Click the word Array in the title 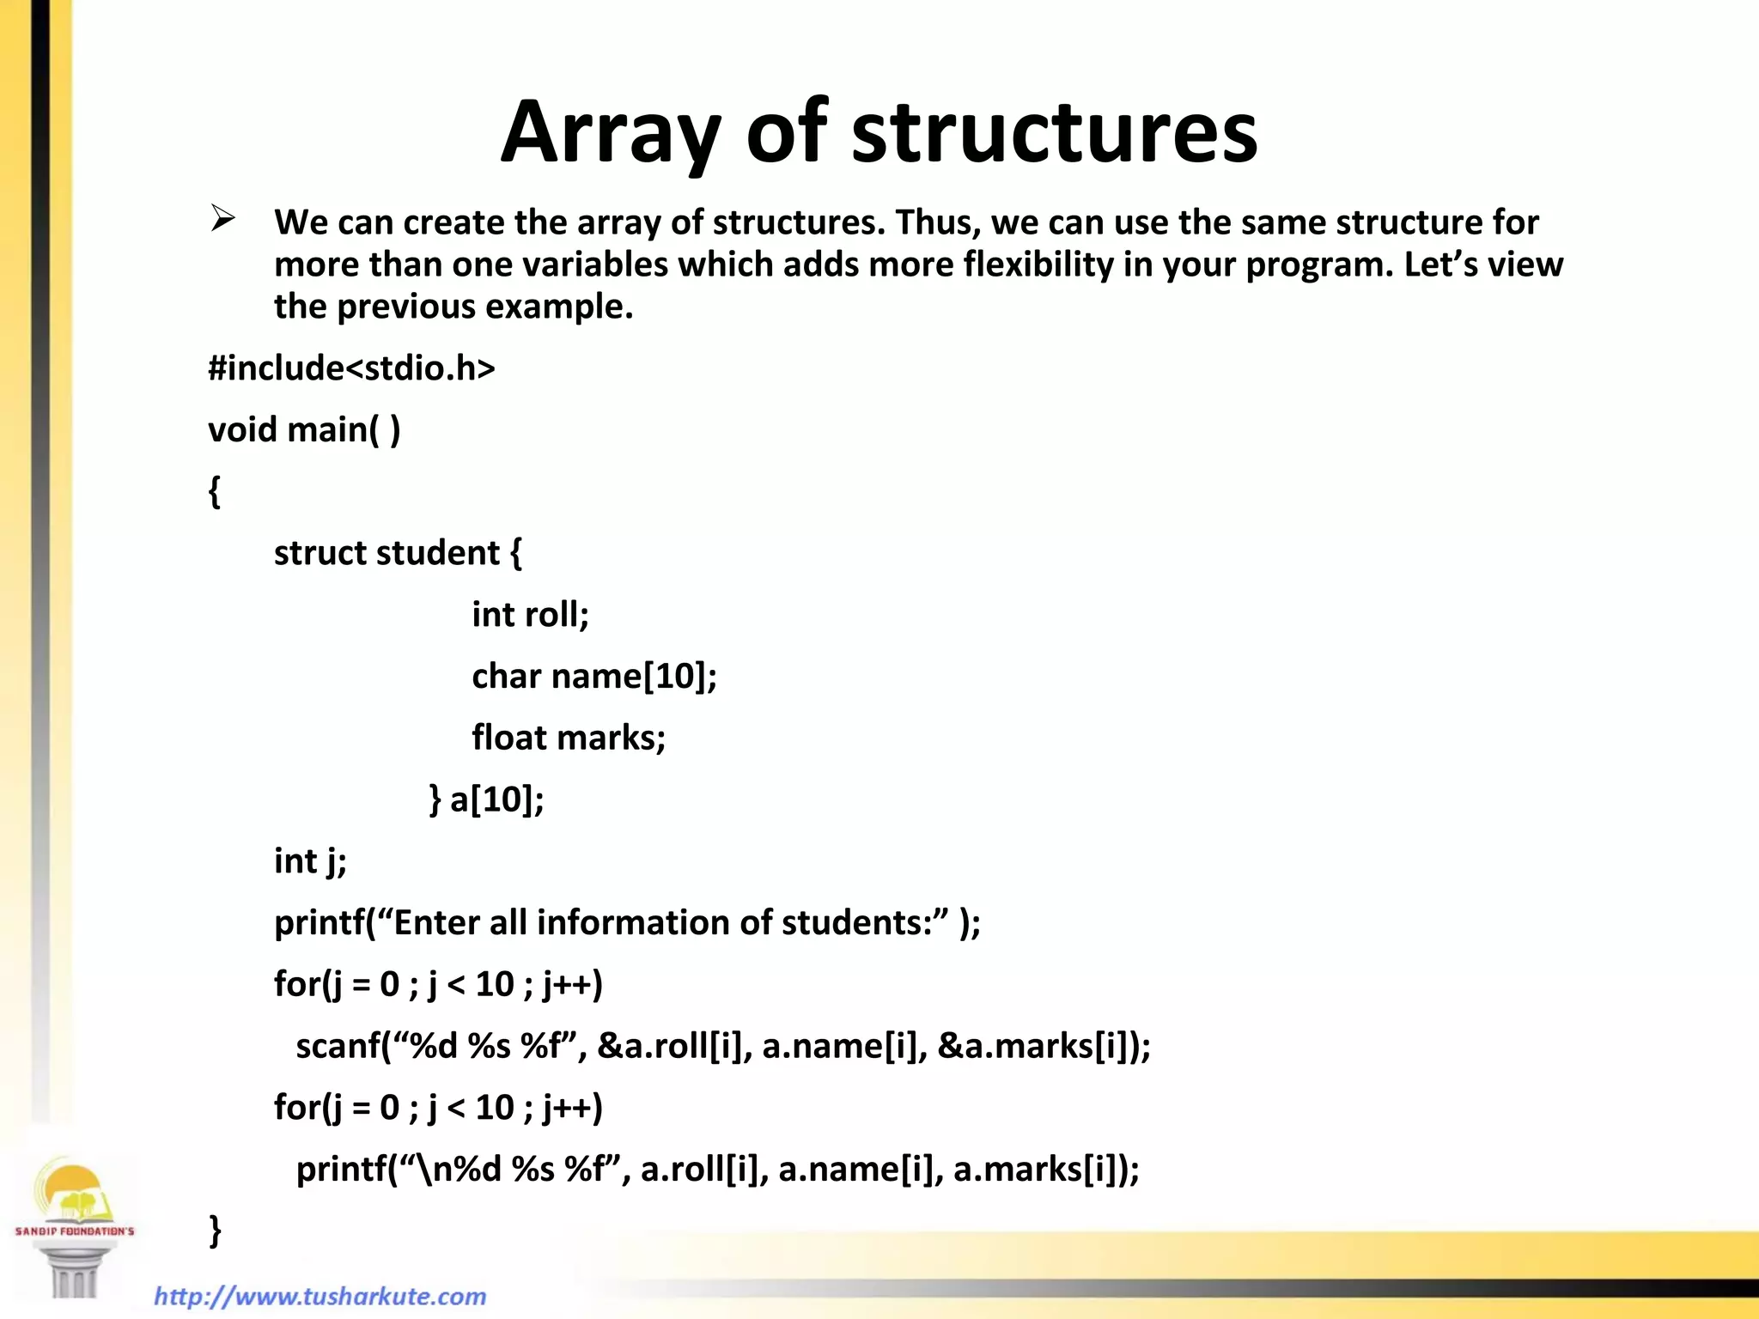[x=611, y=133]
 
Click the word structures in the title [x=1054, y=133]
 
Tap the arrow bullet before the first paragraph [x=223, y=219]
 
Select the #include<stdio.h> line [x=351, y=368]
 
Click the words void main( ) [x=304, y=429]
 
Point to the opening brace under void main [x=215, y=492]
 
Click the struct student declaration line [x=397, y=553]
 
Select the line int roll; [x=530, y=615]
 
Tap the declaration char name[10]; [x=593, y=677]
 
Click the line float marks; [x=569, y=738]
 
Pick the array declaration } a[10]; [x=486, y=799]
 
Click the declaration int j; [x=310, y=861]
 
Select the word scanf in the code [x=337, y=1046]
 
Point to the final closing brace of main [x=215, y=1231]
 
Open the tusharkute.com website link [x=320, y=1296]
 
